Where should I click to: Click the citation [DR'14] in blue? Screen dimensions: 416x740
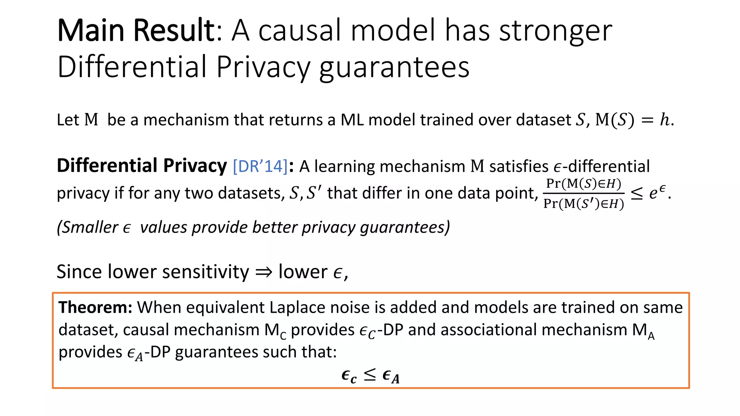[x=260, y=166]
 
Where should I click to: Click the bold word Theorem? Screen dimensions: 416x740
[x=95, y=308]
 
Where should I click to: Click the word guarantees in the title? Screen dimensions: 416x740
[x=394, y=67]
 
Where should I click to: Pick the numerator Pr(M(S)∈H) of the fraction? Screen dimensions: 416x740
[x=584, y=184]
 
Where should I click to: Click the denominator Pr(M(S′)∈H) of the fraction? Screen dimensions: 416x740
[x=584, y=204]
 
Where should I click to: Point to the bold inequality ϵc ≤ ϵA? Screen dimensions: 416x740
[x=370, y=376]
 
